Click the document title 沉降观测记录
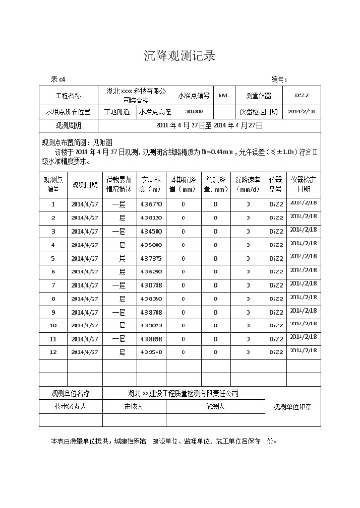click(x=180, y=56)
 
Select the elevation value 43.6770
click(x=151, y=205)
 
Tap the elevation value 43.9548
click(x=151, y=352)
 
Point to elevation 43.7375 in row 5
click(x=151, y=258)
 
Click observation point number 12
click(x=53, y=352)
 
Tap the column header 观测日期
click(x=87, y=184)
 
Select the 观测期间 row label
click(x=68, y=126)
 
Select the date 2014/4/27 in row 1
click(x=87, y=205)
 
